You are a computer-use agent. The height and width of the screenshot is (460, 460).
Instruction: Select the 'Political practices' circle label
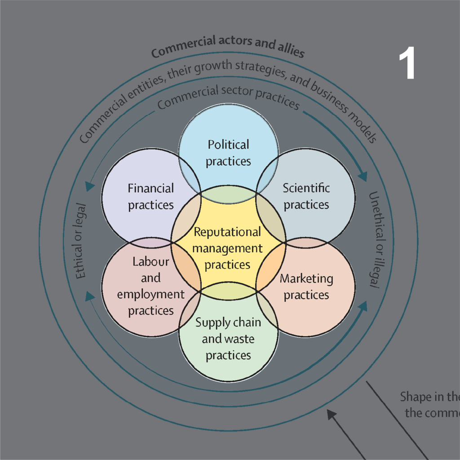click(228, 153)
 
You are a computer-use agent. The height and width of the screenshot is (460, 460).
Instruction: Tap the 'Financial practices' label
click(150, 196)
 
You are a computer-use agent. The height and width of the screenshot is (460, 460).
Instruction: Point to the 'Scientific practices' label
click(306, 196)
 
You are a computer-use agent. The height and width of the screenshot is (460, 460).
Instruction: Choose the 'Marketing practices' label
click(306, 287)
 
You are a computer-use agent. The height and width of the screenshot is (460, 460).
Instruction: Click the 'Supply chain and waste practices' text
click(228, 339)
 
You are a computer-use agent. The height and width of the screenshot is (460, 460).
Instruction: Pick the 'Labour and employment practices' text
click(151, 286)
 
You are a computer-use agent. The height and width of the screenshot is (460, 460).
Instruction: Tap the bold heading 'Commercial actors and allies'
click(228, 47)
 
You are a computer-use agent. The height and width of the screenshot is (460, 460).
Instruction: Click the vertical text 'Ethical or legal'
click(81, 241)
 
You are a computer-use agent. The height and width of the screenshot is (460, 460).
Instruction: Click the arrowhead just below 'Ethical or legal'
click(90, 295)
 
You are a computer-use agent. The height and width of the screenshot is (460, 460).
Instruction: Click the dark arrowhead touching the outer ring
click(332, 414)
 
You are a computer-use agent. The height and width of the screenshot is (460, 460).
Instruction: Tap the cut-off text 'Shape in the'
click(429, 397)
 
